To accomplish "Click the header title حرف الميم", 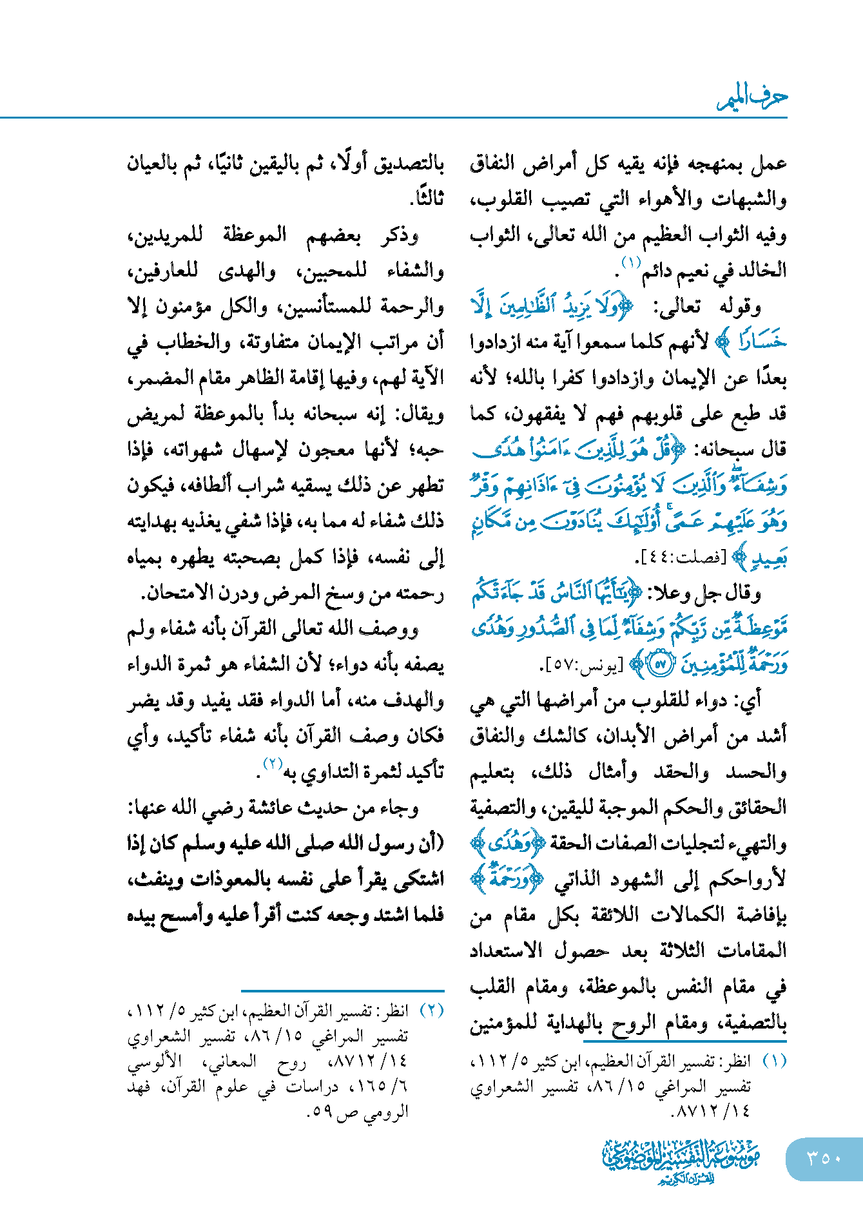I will (x=752, y=97).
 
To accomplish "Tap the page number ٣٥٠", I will (x=824, y=1158).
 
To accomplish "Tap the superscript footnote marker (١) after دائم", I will (x=629, y=262).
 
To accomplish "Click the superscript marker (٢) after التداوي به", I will (x=272, y=764).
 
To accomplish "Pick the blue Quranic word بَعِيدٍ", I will (x=768, y=557).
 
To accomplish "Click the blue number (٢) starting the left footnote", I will (x=432, y=1010).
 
